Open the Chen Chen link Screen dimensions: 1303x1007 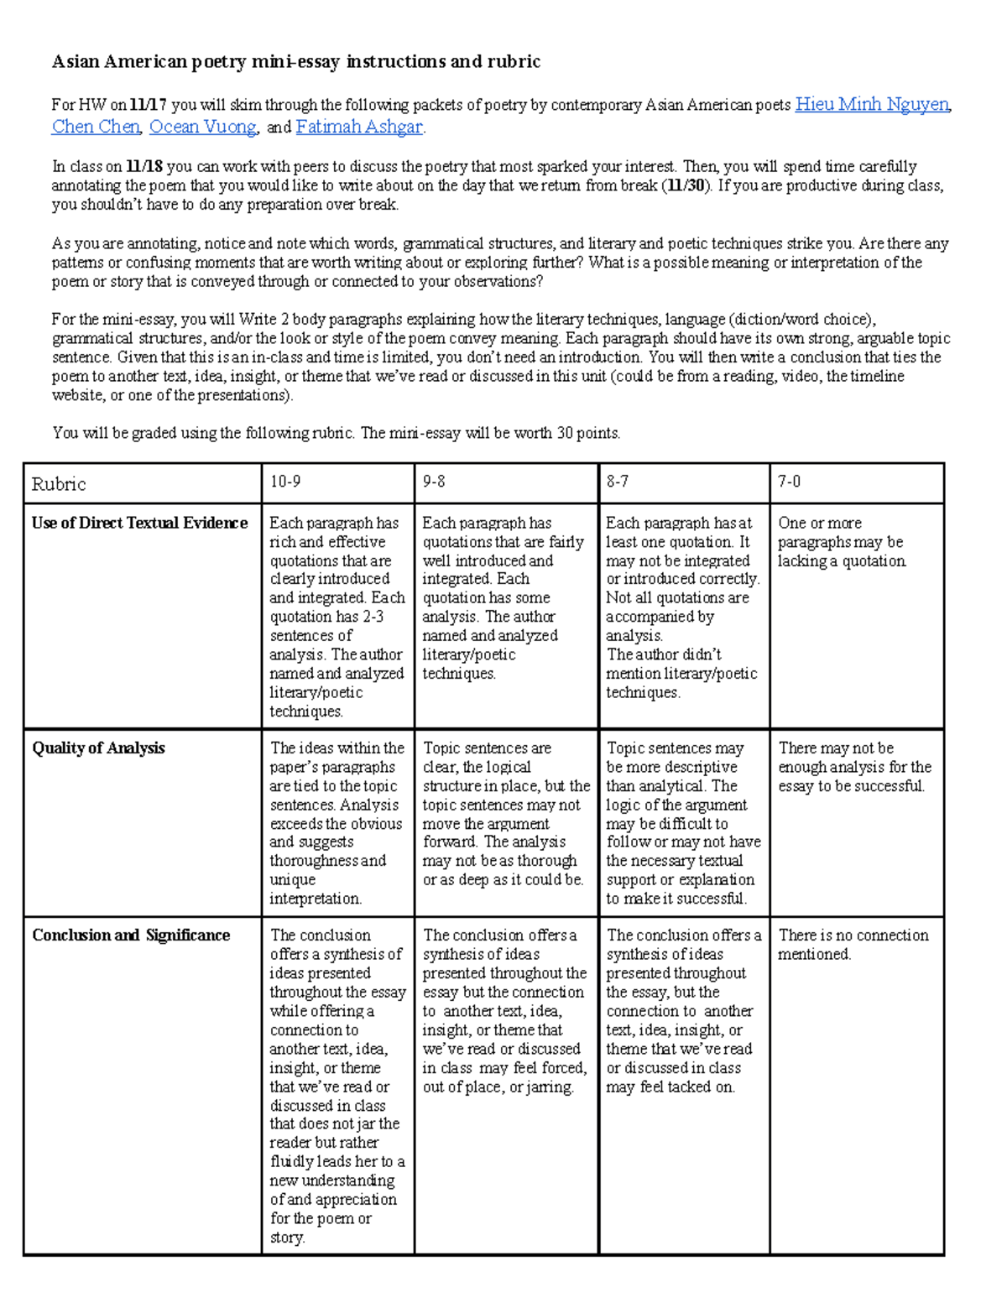coord(96,127)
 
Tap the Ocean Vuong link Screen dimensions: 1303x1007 coord(202,127)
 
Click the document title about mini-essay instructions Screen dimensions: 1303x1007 coord(295,61)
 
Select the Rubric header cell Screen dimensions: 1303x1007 coord(59,484)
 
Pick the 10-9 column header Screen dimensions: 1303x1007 coord(285,482)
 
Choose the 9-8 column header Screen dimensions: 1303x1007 coord(434,482)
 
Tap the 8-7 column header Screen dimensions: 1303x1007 coord(618,482)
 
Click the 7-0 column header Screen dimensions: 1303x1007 coord(789,482)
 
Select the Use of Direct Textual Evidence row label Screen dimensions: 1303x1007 coord(139,524)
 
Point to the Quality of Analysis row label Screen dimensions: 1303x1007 coord(98,748)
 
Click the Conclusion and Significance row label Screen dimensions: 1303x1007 coord(131,936)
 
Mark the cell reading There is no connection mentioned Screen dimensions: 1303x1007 coord(853,945)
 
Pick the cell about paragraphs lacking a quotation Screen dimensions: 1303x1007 coord(842,542)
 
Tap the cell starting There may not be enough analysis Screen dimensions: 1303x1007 coord(854,767)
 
